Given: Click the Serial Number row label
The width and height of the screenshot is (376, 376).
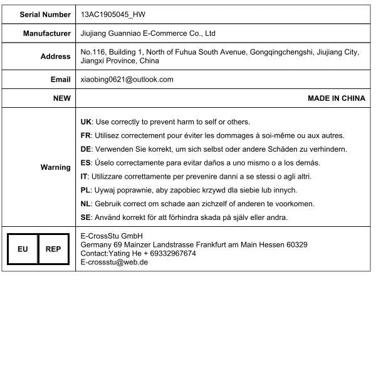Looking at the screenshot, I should point(45,14).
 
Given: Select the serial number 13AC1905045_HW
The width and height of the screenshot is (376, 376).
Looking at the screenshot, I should point(114,14).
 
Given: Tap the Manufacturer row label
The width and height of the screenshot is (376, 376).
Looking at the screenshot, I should point(47,33).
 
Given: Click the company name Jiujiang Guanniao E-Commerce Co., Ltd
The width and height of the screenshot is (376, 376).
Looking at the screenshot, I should point(149,33).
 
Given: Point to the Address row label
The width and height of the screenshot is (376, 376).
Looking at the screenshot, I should point(56,56).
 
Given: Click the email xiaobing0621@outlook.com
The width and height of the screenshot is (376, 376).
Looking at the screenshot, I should point(127,80).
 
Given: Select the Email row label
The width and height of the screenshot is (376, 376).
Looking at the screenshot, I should point(61,80).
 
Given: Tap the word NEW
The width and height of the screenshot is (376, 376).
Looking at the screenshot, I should point(62,98).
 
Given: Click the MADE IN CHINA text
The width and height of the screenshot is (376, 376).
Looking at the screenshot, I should point(337,98).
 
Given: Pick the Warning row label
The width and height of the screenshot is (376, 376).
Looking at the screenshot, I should point(56,167).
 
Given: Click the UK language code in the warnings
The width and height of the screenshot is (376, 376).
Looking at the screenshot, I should point(87,122).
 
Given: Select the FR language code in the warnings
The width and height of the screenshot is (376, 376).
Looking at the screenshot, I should point(86,135).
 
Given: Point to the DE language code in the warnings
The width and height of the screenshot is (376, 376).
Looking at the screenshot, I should point(86,149).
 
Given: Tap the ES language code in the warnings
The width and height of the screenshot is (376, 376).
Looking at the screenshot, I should point(86,163).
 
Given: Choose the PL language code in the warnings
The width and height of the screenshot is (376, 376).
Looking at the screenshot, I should point(86,190).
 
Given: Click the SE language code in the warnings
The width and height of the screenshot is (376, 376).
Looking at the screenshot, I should point(86,217).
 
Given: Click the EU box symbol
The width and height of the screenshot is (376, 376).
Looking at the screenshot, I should point(23,249).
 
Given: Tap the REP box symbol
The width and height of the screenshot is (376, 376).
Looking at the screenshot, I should point(53,249).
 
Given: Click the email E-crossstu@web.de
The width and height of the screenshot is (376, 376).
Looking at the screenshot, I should point(114,262).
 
